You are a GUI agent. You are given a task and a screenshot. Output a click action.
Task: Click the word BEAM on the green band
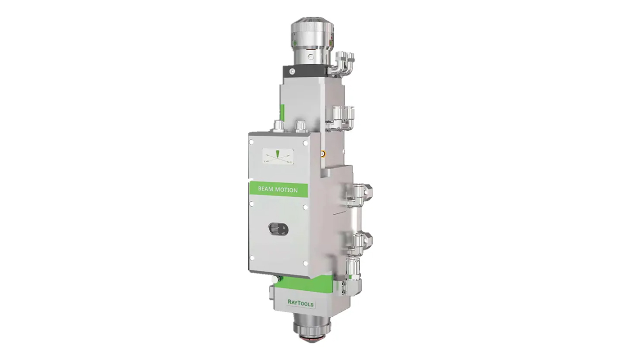coord(265,189)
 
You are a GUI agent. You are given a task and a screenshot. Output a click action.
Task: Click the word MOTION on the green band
coord(287,190)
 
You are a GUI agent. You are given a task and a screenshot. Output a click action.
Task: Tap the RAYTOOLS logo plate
coord(301,303)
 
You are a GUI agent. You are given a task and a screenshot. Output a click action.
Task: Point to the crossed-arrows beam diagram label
coord(278,156)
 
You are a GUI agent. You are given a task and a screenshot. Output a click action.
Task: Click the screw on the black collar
coord(292,71)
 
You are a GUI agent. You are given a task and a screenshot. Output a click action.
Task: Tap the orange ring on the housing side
coord(323,153)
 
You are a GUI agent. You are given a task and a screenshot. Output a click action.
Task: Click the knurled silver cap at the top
coord(312,31)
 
